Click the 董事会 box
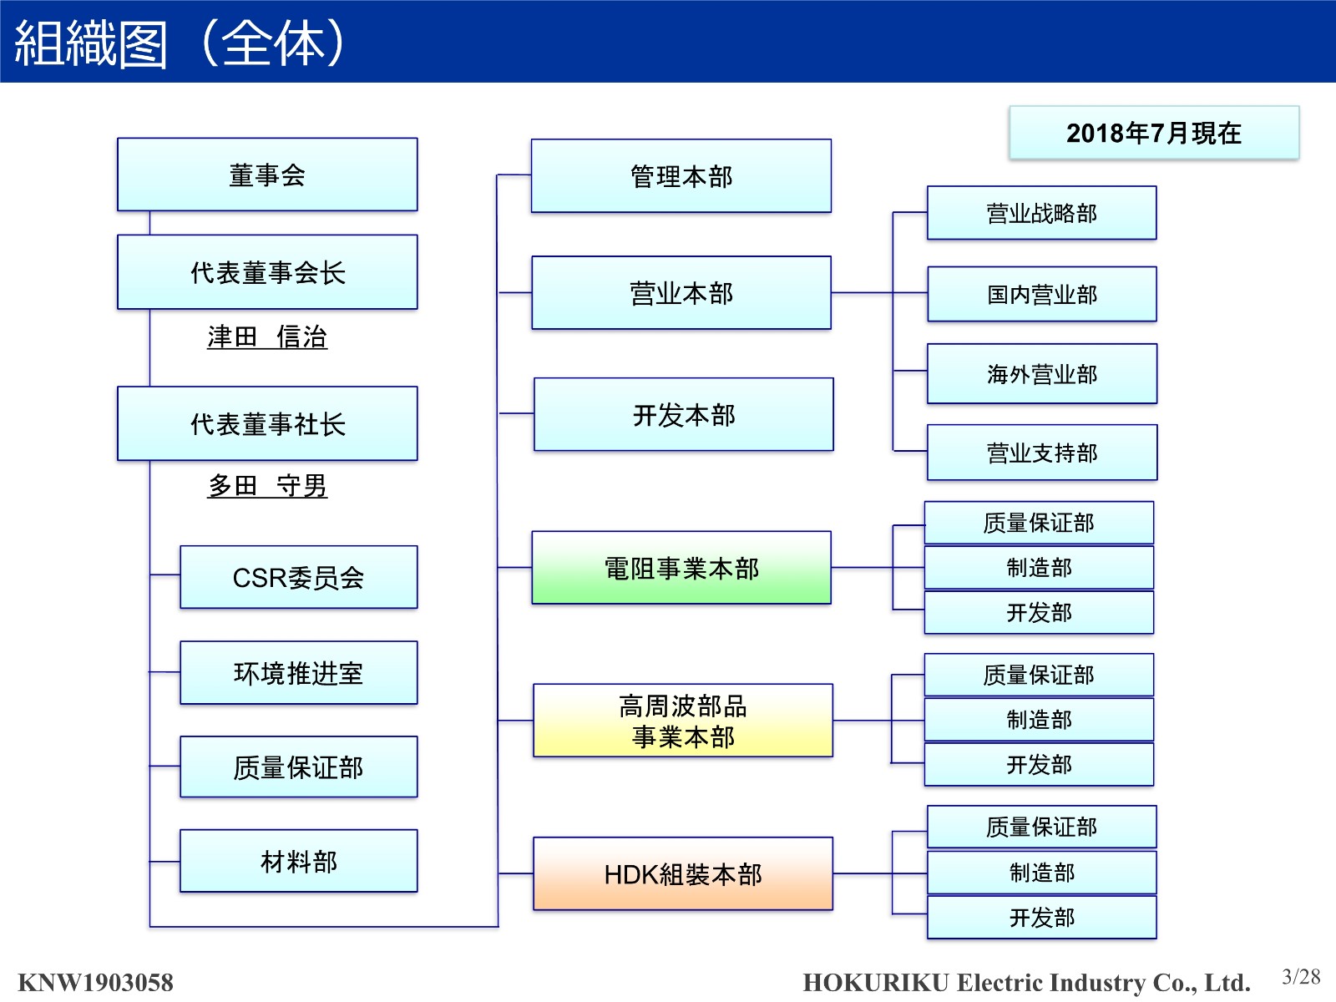click(267, 175)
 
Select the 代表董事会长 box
click(267, 272)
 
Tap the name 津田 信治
click(267, 337)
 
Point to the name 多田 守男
click(267, 485)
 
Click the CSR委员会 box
click(298, 577)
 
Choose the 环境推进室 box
click(298, 673)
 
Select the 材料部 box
click(298, 861)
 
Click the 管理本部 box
click(681, 176)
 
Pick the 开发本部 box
click(683, 415)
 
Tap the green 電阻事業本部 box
click(681, 568)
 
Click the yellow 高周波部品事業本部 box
click(682, 721)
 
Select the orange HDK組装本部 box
click(682, 873)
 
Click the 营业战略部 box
click(1041, 213)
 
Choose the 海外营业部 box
click(1041, 374)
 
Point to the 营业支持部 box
click(1041, 453)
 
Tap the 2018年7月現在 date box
click(1153, 133)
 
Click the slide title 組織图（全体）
click(180, 43)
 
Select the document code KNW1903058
click(95, 982)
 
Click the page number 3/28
click(1301, 976)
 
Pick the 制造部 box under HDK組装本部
click(1041, 873)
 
